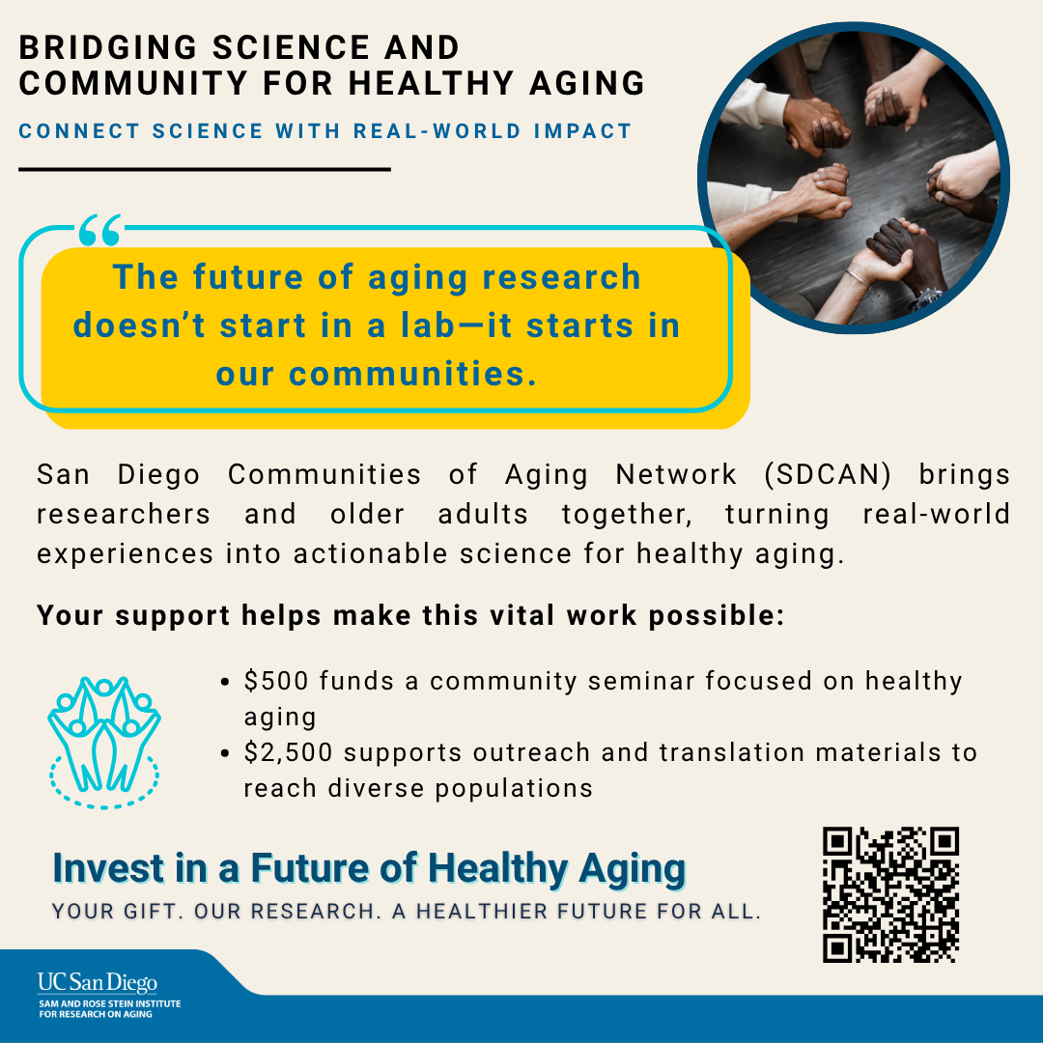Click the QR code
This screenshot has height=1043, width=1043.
tap(890, 894)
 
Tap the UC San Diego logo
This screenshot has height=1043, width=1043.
tap(98, 983)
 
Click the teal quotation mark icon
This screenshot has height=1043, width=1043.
tap(100, 230)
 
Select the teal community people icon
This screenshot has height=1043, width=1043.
tap(103, 743)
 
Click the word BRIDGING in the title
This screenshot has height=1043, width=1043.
tap(108, 48)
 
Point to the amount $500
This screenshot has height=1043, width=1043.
tap(276, 681)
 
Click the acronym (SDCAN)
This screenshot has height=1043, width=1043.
tap(828, 474)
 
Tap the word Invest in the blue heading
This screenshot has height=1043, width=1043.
tap(108, 868)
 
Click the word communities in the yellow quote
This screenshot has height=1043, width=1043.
tap(412, 373)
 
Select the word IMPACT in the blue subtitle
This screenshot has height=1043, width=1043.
tap(582, 131)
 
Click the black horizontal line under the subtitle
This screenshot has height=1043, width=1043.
tap(204, 170)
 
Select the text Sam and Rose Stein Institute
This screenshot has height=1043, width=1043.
tap(110, 1003)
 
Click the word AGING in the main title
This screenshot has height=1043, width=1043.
tap(587, 84)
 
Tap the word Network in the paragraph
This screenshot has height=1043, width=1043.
tap(676, 475)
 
